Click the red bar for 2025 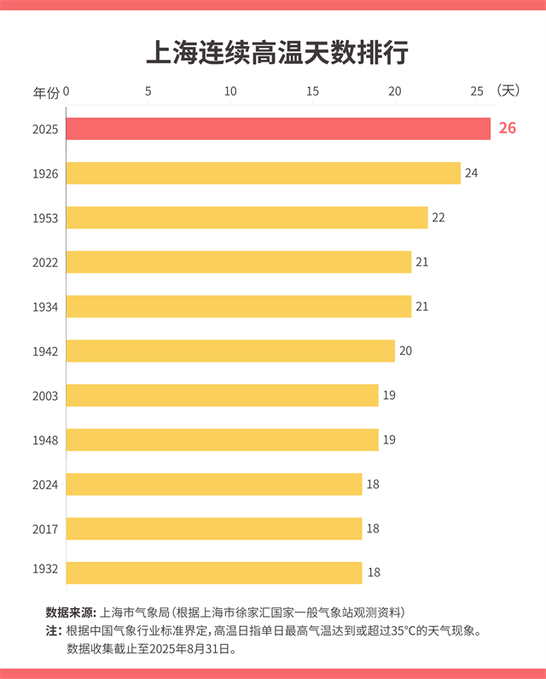point(278,129)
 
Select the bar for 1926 point(263,173)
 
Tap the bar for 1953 point(247,218)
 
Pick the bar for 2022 point(239,262)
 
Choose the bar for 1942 point(230,351)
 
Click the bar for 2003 point(222,395)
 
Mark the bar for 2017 point(214,529)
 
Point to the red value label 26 point(508,129)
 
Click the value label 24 point(471,173)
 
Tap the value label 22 point(439,218)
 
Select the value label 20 point(405,351)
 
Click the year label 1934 point(44,306)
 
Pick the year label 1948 point(44,439)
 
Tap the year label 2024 point(44,485)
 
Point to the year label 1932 point(44,568)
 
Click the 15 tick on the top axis point(312,90)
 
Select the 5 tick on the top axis point(148,90)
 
